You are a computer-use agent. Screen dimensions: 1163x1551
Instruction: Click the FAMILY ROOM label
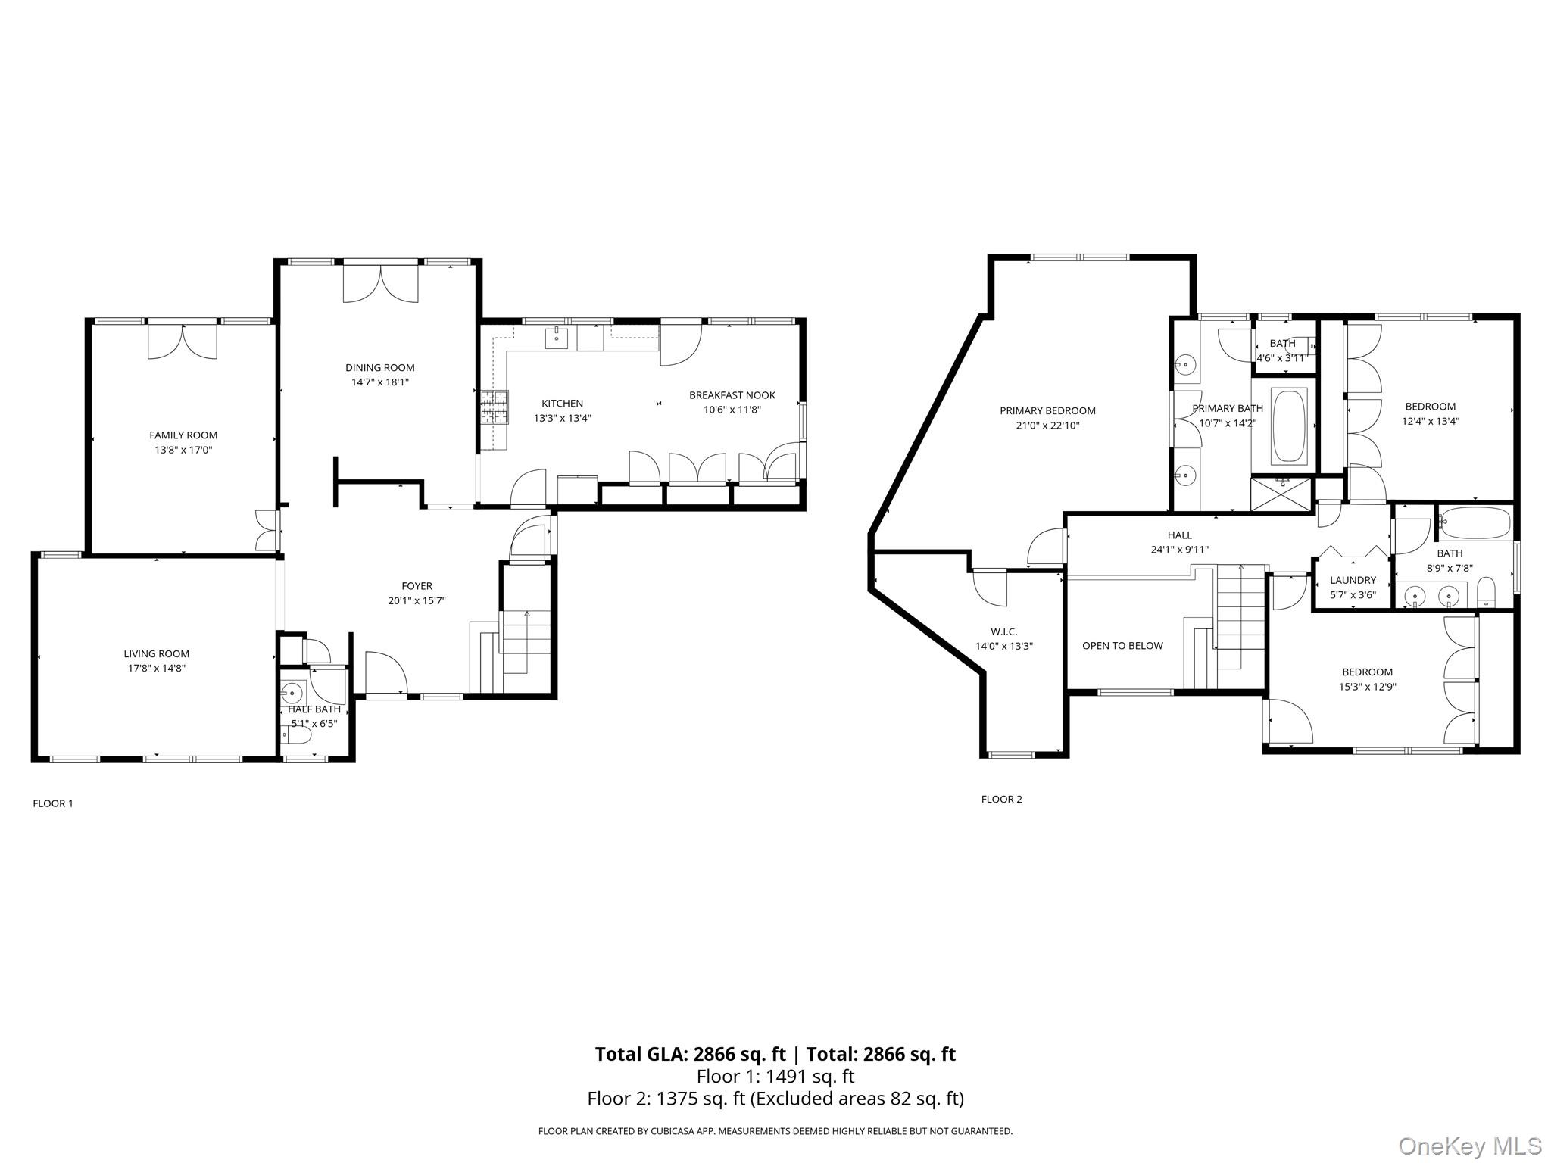tap(183, 435)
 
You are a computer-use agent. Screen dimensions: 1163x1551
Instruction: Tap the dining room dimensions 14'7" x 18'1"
tap(380, 382)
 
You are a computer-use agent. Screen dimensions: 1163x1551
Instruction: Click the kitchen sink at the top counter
tap(557, 337)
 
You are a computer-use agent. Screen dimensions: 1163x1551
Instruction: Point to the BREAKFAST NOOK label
tap(732, 395)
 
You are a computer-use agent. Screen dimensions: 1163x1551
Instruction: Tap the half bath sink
tap(292, 691)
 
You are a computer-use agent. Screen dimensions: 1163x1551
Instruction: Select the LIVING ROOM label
tap(157, 653)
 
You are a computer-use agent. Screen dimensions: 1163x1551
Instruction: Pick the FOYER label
tap(417, 586)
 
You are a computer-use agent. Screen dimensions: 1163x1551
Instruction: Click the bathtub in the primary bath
tap(1289, 426)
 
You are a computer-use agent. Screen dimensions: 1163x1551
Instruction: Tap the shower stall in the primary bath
tap(1281, 494)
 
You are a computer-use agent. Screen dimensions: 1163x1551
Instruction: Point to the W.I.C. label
tap(1003, 631)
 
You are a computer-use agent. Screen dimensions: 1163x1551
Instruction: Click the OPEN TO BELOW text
tap(1122, 646)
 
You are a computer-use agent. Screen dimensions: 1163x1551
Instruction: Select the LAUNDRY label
tap(1353, 580)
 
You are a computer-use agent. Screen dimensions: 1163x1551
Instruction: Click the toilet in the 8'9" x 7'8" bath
tap(1486, 594)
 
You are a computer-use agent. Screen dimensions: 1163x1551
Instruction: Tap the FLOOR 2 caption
tap(1001, 799)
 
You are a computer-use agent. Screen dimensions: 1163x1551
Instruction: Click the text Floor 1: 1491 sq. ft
tap(775, 1076)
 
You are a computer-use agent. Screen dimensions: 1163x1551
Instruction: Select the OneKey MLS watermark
tap(1469, 1146)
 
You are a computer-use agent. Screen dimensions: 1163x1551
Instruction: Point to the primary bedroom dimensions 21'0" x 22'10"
tap(1047, 426)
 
